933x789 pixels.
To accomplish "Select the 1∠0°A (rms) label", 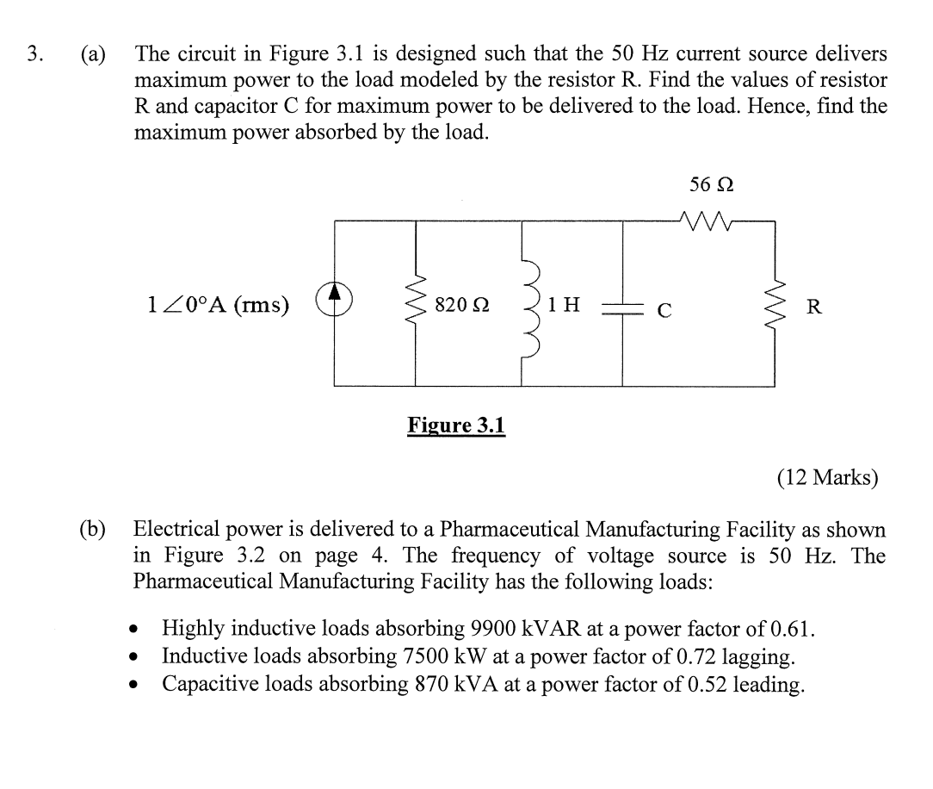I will [x=218, y=304].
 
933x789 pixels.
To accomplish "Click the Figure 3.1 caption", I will [x=456, y=426].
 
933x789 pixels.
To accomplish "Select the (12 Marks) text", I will [x=828, y=476].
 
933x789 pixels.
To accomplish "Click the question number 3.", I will [x=34, y=54].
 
